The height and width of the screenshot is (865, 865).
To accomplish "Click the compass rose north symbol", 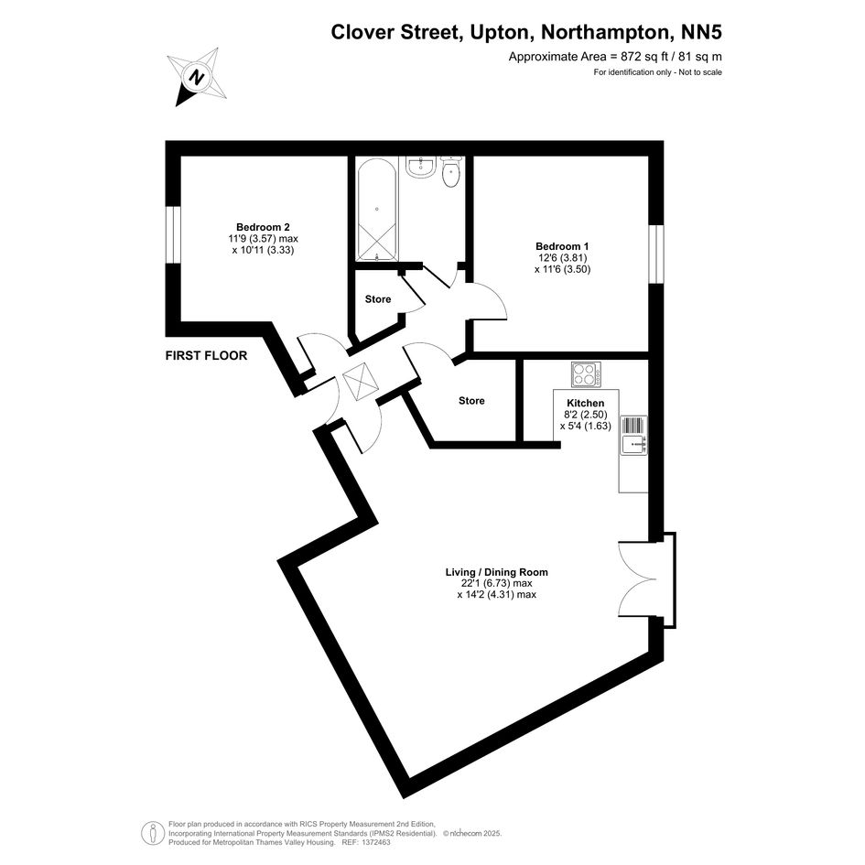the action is point(197,76).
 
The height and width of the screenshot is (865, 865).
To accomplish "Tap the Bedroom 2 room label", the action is point(263,227).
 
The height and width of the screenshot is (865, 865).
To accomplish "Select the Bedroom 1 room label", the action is point(562,246).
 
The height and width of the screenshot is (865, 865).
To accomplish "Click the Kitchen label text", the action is point(585,404).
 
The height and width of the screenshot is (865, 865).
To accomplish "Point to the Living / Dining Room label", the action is point(496,572).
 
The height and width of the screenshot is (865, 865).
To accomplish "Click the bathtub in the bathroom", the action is point(377,210).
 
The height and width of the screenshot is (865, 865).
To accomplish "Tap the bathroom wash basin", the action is point(423,166).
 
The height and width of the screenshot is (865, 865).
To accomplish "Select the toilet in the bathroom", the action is point(451,171).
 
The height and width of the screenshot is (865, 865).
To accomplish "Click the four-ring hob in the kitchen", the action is point(587,374).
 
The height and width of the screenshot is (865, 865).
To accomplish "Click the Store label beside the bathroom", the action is point(378,299).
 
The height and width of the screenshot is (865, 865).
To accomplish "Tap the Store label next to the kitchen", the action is point(471,401).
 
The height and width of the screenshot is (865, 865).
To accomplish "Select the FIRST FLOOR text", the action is point(206,356).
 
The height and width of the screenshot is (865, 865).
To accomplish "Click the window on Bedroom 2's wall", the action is point(173,235).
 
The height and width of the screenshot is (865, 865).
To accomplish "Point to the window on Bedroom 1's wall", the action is point(656,254).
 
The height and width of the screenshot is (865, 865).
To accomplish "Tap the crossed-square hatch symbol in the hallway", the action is point(359,381).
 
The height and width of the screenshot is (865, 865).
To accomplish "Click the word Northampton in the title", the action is point(605,32).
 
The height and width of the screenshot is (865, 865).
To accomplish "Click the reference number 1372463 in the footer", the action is point(377,843).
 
